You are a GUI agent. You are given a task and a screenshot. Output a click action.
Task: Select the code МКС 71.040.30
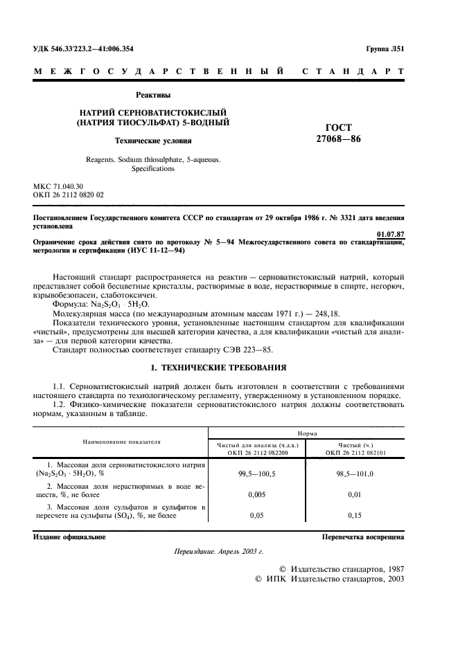coord(58,187)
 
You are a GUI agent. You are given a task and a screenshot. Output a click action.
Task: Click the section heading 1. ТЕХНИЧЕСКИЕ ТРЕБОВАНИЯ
coord(220,366)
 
